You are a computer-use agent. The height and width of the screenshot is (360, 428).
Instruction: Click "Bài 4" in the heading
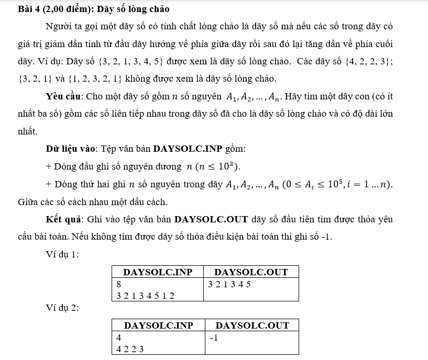28,9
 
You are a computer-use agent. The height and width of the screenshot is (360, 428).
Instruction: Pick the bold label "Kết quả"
65,219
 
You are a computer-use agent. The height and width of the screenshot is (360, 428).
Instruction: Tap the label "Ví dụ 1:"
62,254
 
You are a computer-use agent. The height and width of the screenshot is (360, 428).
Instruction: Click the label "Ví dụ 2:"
62,308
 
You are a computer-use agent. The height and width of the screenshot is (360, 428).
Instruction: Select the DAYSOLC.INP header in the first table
158,272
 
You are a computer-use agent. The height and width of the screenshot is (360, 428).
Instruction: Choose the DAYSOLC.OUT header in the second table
252,325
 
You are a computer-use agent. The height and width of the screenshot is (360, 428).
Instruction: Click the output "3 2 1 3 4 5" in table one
229,285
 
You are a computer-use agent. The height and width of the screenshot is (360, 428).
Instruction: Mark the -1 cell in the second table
214,338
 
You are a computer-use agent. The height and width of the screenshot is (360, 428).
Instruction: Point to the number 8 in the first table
119,285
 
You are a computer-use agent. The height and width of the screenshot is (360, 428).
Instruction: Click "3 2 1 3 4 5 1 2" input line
145,296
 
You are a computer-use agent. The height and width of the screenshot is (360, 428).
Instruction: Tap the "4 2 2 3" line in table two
130,349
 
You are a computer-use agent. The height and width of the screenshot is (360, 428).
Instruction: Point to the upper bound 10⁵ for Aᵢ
336,184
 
